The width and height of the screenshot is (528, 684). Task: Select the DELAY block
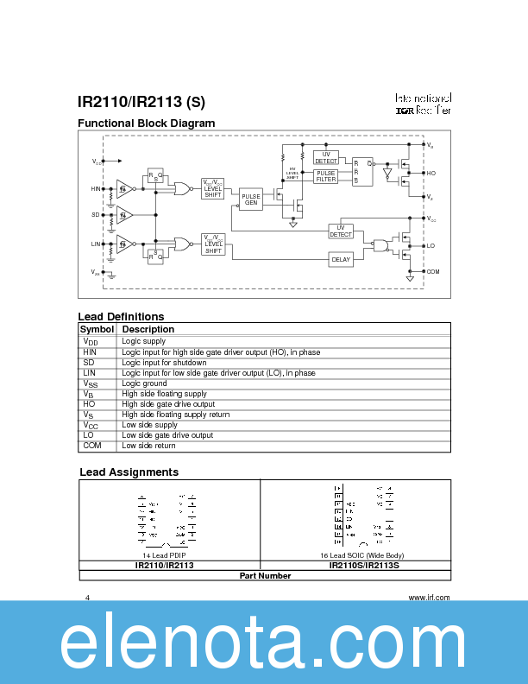pyautogui.click(x=341, y=259)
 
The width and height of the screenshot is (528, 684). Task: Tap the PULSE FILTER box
pyautogui.click(x=326, y=176)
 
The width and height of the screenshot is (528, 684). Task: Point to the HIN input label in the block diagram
pyautogui.click(x=96, y=188)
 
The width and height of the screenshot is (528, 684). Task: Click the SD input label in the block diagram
pyautogui.click(x=96, y=213)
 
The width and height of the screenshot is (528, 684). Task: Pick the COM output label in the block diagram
pyautogui.click(x=433, y=271)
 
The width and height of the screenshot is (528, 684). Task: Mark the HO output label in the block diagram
pyautogui.click(x=431, y=174)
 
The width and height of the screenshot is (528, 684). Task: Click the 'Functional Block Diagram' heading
pyautogui.click(x=147, y=123)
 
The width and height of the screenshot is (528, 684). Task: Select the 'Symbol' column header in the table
pyautogui.click(x=97, y=329)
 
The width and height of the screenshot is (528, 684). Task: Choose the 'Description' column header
pyautogui.click(x=148, y=329)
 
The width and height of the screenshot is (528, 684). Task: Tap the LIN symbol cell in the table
pyautogui.click(x=89, y=373)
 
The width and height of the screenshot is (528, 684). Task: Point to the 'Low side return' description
pyautogui.click(x=148, y=446)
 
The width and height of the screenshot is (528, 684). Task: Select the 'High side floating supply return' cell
pyautogui.click(x=175, y=415)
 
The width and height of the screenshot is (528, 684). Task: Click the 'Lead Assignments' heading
pyautogui.click(x=129, y=472)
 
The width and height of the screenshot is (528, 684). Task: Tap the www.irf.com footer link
pyautogui.click(x=429, y=598)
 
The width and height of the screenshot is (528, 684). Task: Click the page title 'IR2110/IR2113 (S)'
pyautogui.click(x=141, y=102)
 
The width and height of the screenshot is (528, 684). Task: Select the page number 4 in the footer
pyautogui.click(x=87, y=598)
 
